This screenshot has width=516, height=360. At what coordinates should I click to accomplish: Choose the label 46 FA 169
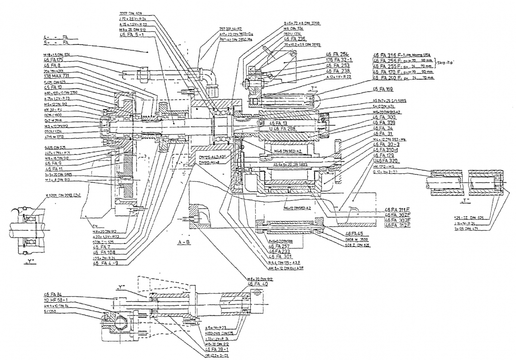(x=383, y=89)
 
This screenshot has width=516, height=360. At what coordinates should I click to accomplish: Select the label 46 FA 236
(x=296, y=39)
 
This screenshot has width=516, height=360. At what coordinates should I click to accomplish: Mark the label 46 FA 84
(x=53, y=294)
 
